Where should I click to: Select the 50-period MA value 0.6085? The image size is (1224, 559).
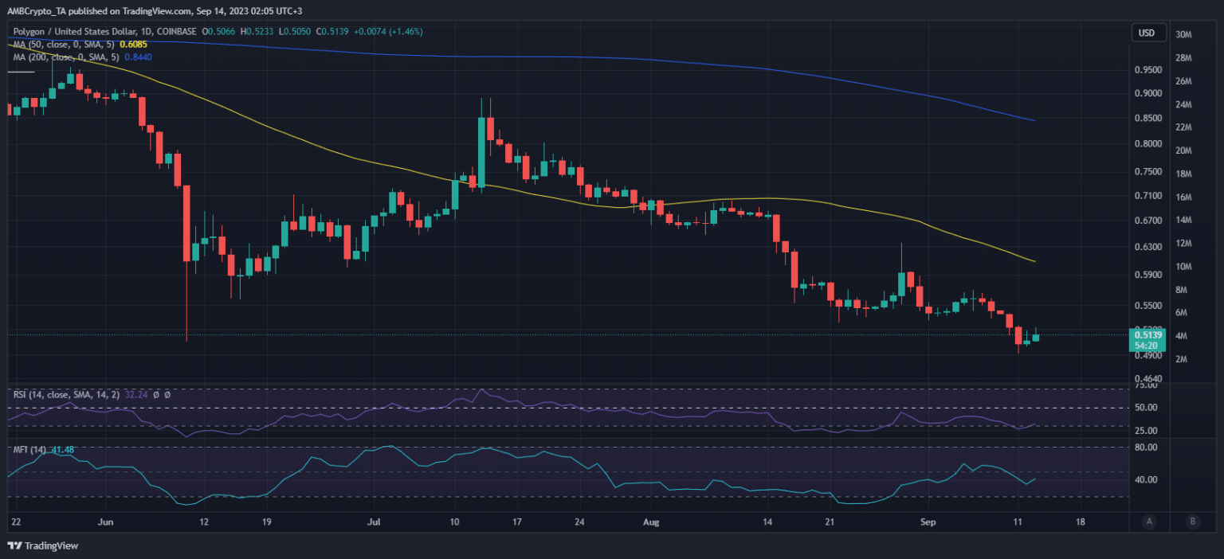coord(135,45)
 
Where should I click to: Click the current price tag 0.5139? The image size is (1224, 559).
coord(1146,336)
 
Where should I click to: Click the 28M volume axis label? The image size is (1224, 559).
coord(1183,58)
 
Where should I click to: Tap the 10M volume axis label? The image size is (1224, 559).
coord(1183,266)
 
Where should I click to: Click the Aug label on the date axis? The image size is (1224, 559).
coord(652,522)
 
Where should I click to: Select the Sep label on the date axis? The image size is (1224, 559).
coord(928,522)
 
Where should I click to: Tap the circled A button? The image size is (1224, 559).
coord(1148,522)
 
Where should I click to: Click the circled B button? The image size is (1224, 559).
coord(1192,522)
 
